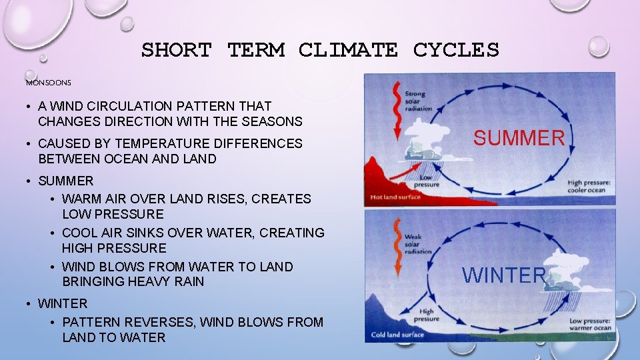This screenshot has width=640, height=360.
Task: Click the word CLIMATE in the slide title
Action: (x=348, y=50)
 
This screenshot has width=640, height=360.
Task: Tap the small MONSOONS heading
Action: (x=48, y=83)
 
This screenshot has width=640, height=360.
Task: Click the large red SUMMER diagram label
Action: (x=519, y=138)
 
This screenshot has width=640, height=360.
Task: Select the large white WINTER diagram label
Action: (x=505, y=275)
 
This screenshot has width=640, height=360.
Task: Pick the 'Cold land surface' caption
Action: (x=398, y=334)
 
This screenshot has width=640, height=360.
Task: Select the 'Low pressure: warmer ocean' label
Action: (x=590, y=324)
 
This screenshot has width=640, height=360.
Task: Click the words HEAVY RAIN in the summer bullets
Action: (x=166, y=281)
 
